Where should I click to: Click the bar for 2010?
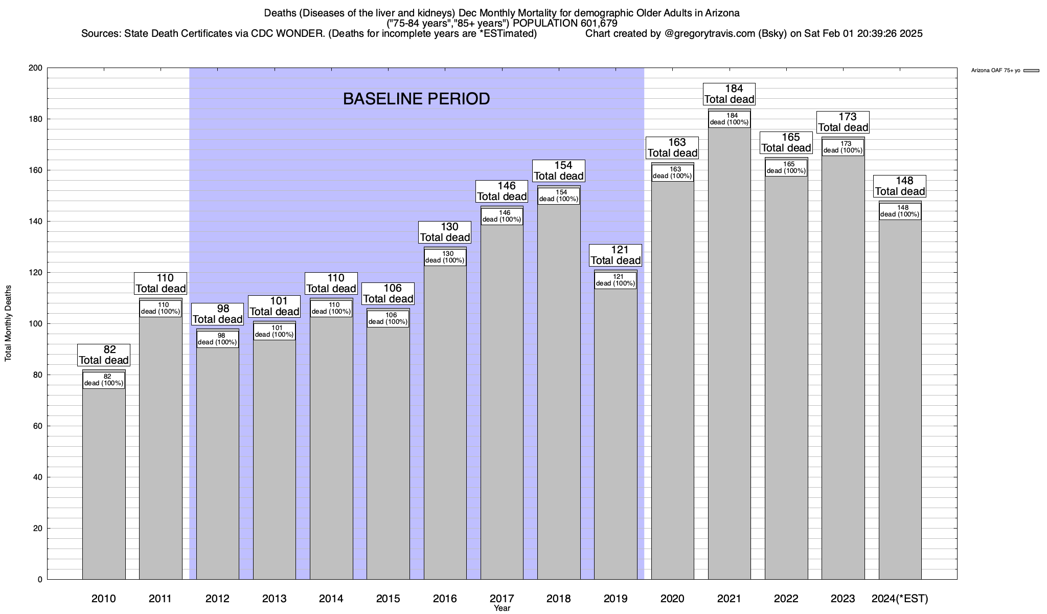pos(104,481)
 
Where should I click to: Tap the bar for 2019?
pos(616,435)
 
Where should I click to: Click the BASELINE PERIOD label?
pos(416,99)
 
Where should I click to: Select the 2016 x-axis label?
pos(445,598)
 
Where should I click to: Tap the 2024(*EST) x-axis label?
pos(900,598)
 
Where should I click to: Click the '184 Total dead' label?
pos(730,94)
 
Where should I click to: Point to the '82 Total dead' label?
pos(104,355)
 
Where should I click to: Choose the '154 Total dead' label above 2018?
pos(559,171)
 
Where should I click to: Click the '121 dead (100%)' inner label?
pos(616,280)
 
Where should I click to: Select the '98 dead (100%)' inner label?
pos(217,339)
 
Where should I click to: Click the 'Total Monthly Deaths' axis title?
pos(8,323)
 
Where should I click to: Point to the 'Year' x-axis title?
pos(502,608)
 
